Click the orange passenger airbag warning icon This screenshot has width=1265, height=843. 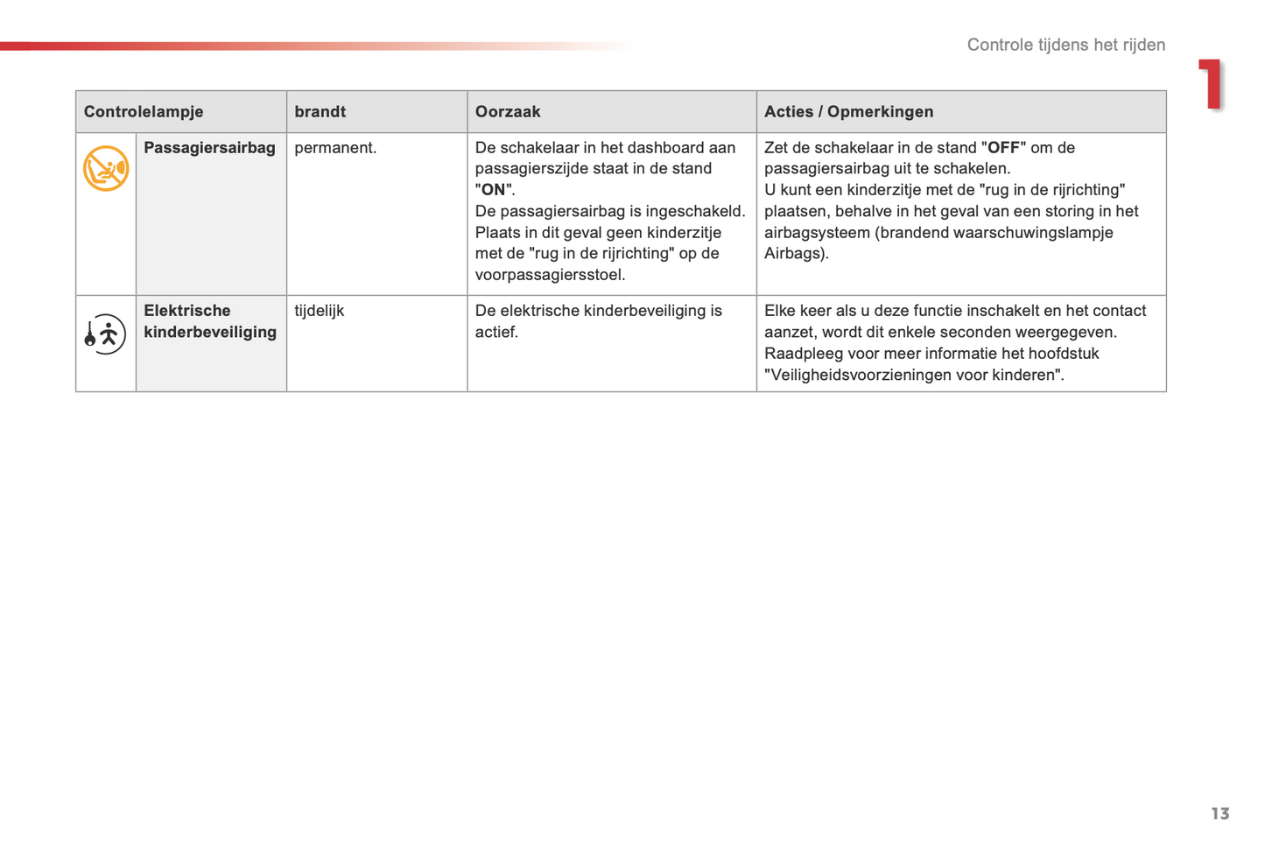tap(106, 168)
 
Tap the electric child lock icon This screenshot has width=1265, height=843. tap(105, 334)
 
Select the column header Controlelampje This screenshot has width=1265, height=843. tap(144, 112)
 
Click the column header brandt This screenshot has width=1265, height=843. tap(320, 112)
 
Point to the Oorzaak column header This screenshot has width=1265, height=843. tap(508, 112)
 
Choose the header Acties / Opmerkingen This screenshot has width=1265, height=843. tap(848, 112)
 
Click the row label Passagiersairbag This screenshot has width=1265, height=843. tap(209, 148)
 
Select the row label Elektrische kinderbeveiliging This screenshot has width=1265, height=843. tap(210, 321)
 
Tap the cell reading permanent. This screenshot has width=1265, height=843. tap(335, 148)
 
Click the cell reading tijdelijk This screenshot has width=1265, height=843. tap(320, 311)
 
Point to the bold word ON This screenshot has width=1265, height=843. tap(494, 190)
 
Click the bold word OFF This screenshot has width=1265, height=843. tap(1003, 148)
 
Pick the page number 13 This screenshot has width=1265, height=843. tap(1219, 814)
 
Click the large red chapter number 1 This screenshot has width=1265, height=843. tap(1211, 85)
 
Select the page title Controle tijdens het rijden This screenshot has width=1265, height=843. tap(1065, 45)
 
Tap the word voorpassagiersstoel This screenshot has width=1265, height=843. tap(550, 275)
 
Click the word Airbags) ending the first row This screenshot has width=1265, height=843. tap(796, 254)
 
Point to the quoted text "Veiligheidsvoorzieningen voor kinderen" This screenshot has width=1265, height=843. tap(913, 376)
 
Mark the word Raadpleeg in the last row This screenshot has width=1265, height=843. tap(800, 354)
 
